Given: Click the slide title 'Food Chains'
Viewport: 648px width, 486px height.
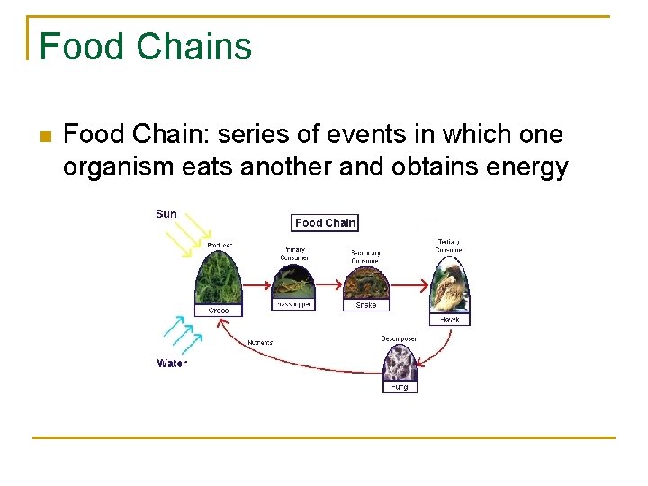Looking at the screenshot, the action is [146, 46].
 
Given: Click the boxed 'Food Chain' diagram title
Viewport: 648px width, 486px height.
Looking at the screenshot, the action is [325, 222].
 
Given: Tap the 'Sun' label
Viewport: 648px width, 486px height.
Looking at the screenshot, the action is [166, 214].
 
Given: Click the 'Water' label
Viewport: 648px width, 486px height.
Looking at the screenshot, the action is [172, 364].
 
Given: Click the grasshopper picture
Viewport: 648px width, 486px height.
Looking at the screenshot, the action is [294, 283].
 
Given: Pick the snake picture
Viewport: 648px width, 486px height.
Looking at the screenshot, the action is [366, 283].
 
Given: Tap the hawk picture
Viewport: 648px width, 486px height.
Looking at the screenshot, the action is [447, 285].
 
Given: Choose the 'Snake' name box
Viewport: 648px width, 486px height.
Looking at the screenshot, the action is [366, 306].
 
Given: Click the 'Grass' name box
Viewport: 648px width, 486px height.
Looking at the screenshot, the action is [219, 310].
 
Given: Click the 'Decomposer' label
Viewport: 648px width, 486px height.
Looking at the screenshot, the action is [398, 338].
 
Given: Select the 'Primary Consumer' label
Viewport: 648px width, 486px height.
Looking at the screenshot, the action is [294, 253].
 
